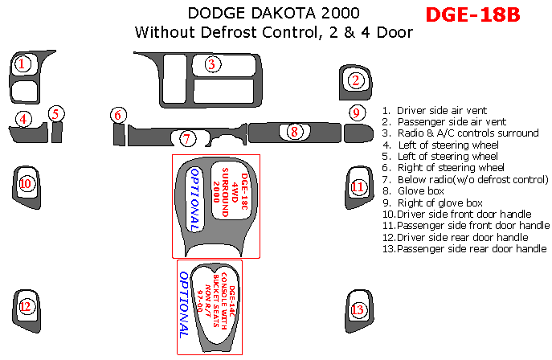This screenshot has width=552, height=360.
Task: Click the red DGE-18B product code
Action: point(472,14)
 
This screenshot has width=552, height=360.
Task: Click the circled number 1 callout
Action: point(22,64)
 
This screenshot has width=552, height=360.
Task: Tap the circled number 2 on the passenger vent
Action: point(356,80)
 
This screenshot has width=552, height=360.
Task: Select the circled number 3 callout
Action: point(211,64)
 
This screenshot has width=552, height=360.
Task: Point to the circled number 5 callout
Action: point(55,114)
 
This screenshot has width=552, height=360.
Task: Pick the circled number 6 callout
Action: point(118,115)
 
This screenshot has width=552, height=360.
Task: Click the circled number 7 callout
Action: point(187,139)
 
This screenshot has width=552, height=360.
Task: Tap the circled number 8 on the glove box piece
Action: point(294,132)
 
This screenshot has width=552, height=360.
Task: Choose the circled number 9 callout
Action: point(357,113)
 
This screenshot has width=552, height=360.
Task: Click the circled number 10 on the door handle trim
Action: point(26,183)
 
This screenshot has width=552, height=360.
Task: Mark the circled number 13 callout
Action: point(357,309)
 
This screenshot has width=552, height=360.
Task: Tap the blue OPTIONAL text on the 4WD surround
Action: point(195,199)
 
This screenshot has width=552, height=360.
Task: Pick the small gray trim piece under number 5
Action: point(57,132)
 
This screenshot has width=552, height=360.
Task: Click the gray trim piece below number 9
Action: point(358,133)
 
